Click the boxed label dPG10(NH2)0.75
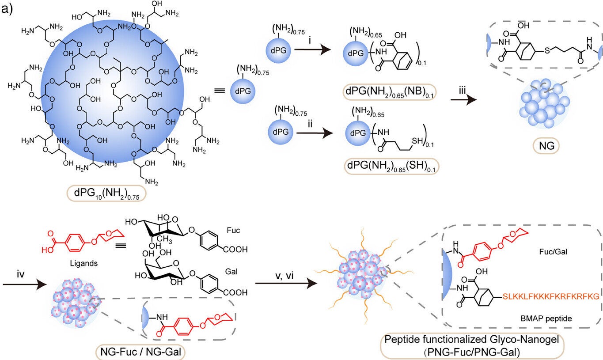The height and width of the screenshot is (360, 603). [x=106, y=193]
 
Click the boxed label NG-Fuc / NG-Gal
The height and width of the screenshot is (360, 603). [x=140, y=351]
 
